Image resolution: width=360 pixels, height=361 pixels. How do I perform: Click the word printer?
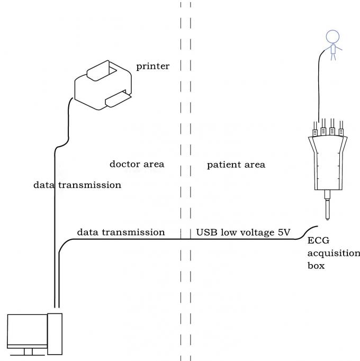point(152,66)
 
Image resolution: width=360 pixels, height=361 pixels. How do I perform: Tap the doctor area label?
point(137,164)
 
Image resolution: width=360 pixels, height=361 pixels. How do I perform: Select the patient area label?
point(236,165)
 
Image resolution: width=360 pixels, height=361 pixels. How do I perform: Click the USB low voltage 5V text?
point(244,232)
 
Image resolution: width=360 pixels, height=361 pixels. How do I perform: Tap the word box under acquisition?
point(316,265)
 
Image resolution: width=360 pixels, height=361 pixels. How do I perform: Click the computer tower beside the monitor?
point(55,333)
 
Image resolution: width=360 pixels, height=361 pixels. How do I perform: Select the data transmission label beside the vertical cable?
point(77,185)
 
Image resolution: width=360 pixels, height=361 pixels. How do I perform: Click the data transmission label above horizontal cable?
point(121,232)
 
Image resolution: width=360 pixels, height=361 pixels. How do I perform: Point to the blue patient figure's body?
point(333,50)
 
